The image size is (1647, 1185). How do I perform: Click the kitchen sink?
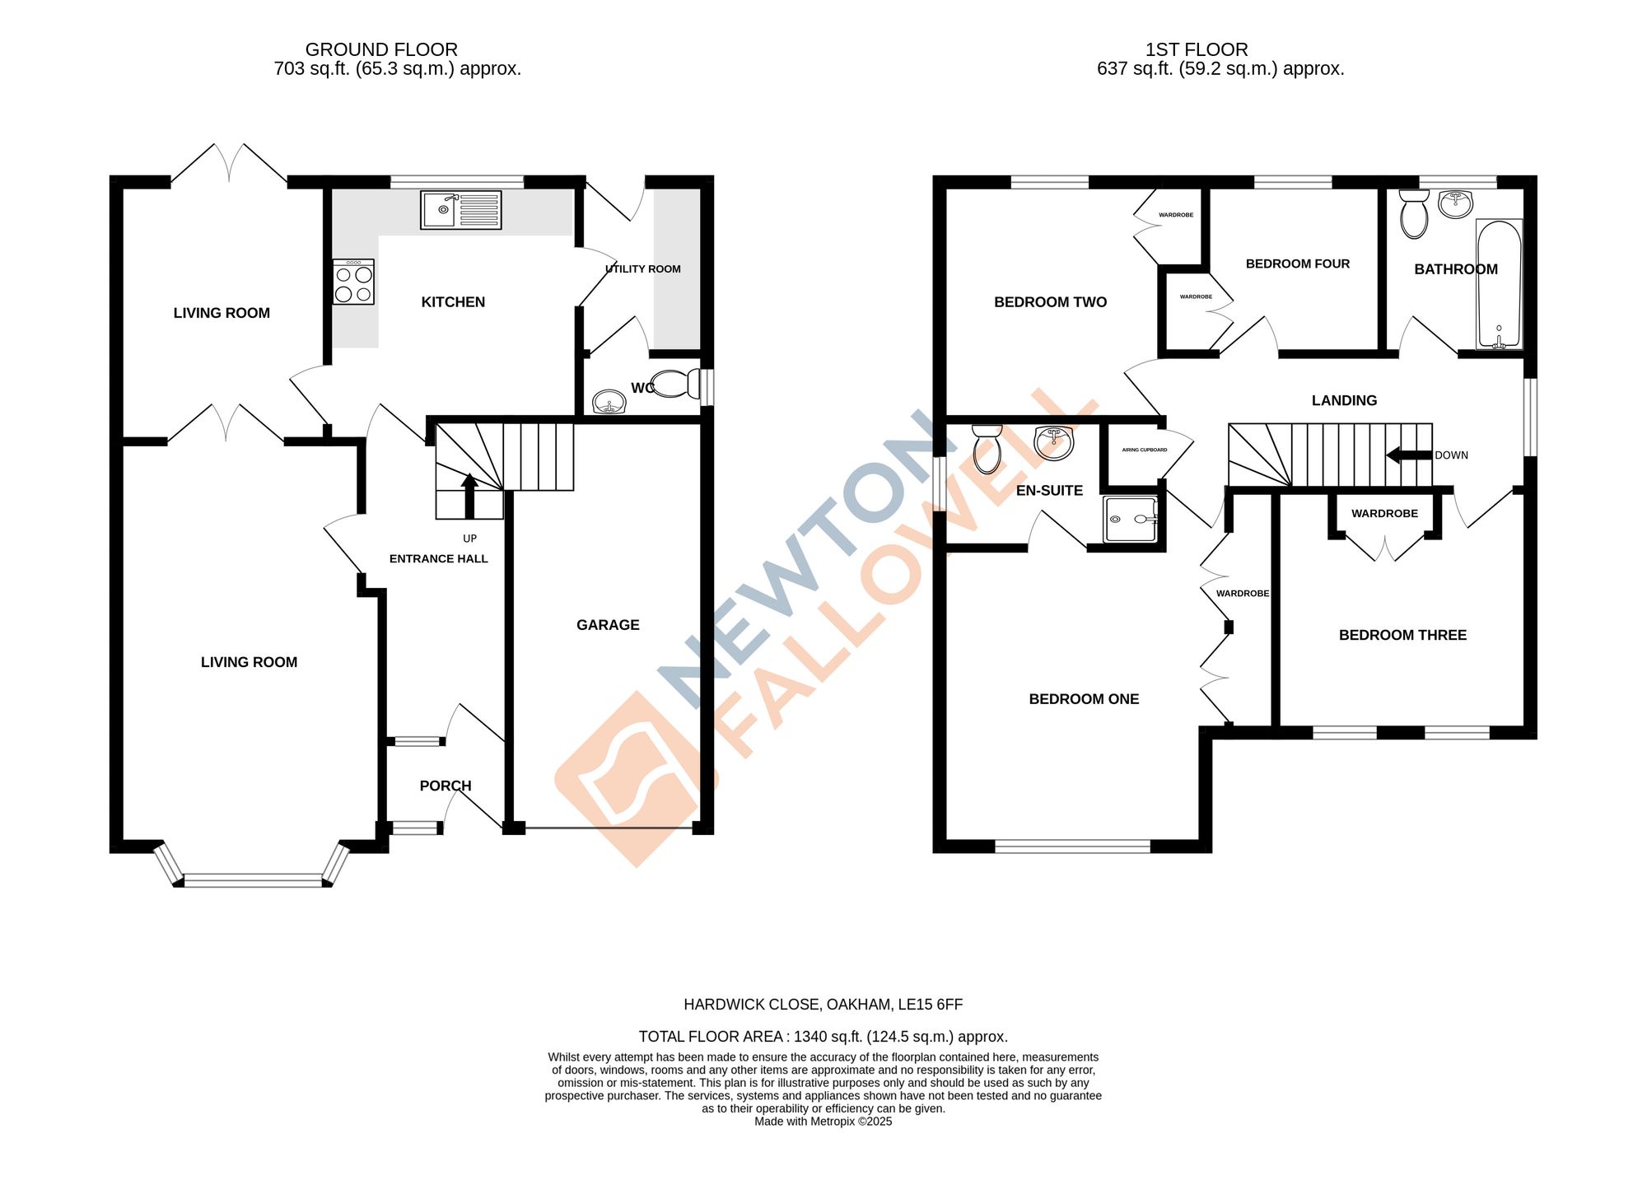pos(460,209)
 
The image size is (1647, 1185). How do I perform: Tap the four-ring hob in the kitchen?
pos(353,282)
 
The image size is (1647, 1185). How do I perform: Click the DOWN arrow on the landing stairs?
pos(1409,455)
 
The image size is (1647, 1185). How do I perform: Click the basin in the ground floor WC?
pos(609,403)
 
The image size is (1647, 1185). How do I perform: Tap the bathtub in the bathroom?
pos(1499,284)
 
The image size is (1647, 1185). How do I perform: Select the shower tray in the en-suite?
pos(1131,519)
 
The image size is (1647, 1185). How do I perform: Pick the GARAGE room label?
pos(608,625)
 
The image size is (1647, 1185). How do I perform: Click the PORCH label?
pos(446,786)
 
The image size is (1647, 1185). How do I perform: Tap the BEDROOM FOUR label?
pos(1297,264)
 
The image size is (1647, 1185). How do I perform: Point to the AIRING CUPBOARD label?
pos(1144,450)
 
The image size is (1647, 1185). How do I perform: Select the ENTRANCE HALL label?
pos(438,558)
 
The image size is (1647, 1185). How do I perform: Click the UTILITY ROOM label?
pos(642,268)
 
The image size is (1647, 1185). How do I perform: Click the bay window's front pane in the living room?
pos(253,880)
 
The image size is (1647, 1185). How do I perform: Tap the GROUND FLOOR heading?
pos(381,49)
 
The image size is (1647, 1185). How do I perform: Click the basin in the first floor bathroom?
pos(1456,203)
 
